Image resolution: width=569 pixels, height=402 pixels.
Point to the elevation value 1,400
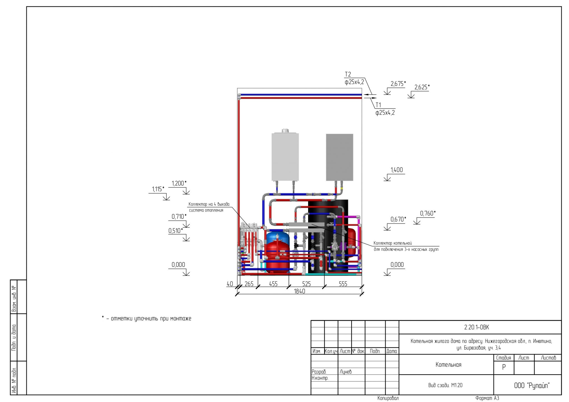point(396,170)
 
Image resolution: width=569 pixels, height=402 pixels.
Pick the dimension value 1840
point(299,291)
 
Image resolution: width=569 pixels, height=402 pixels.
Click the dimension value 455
point(273,284)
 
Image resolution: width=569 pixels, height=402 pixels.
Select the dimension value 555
point(343,284)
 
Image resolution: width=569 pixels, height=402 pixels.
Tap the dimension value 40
point(230,284)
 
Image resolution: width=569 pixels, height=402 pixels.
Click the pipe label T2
point(348,74)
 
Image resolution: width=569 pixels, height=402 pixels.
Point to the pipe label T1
point(378,105)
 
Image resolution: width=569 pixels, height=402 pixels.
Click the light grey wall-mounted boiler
point(285,157)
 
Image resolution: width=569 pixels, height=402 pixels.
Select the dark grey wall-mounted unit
point(339,157)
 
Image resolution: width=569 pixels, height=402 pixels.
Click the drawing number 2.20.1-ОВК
point(476,327)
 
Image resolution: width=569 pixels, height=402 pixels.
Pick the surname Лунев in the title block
point(346,372)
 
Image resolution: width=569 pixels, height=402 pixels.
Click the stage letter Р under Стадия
point(504,367)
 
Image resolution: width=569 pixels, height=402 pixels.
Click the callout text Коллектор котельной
point(392,243)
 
